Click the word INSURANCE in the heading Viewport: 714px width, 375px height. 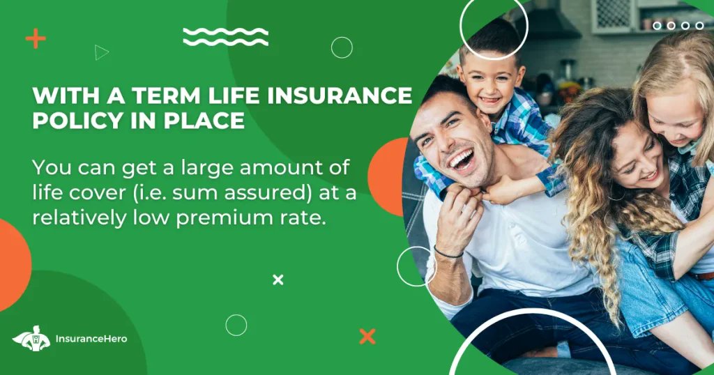pyautogui.click(x=342, y=95)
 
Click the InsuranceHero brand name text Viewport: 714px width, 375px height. pyautogui.click(x=91, y=340)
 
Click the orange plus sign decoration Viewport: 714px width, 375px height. pyautogui.click(x=36, y=38)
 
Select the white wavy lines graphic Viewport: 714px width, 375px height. pyautogui.click(x=225, y=37)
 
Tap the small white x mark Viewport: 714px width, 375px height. pyautogui.click(x=278, y=280)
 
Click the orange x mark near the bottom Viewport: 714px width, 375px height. pyautogui.click(x=367, y=336)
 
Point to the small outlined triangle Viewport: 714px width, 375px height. pyautogui.click(x=102, y=52)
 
